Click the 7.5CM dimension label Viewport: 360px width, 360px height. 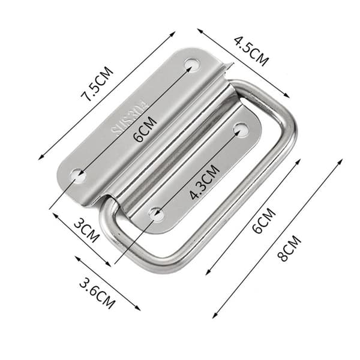98,84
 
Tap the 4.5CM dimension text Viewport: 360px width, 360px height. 251,51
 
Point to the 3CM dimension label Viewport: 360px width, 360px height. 87,231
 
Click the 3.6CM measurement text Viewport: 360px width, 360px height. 97,293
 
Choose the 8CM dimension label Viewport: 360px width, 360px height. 290,248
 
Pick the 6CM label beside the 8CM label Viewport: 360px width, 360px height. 264,221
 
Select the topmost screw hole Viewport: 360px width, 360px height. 192,65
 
